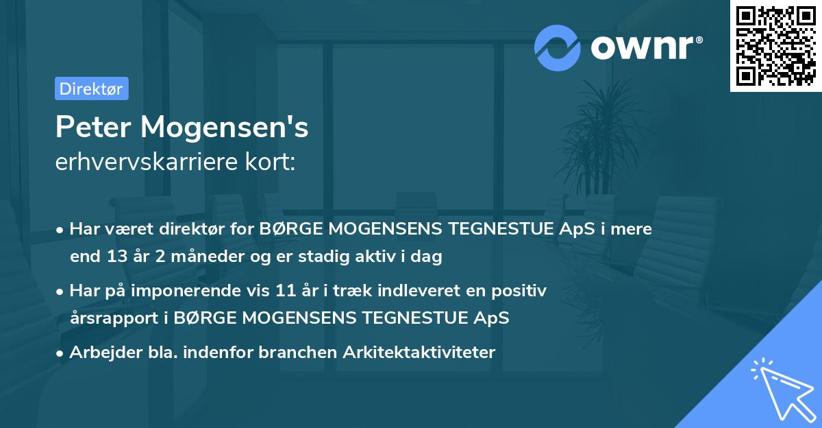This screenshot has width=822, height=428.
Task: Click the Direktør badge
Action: coord(91,88)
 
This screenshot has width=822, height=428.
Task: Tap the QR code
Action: coord(775,45)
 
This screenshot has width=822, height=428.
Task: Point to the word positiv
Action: coord(523,292)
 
